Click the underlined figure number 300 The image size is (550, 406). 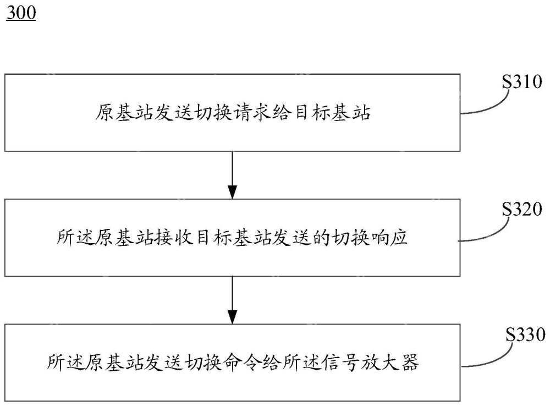(21, 13)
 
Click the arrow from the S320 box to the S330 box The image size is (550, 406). (233, 300)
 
